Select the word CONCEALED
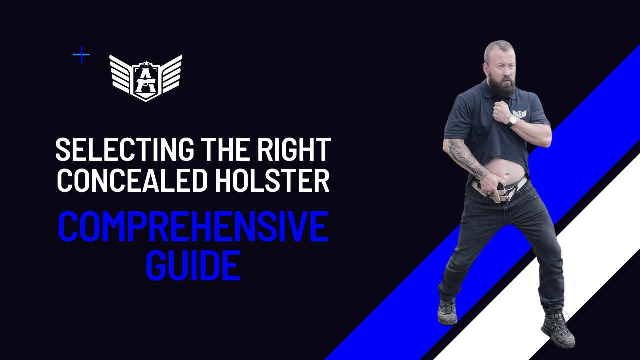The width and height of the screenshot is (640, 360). tap(132, 180)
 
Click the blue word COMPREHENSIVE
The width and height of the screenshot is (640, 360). tap(193, 226)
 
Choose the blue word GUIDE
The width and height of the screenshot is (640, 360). tap(193, 265)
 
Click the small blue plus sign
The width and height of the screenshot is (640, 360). tap(81, 54)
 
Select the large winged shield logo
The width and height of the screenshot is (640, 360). tap(146, 78)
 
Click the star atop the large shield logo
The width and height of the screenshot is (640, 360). tap(146, 63)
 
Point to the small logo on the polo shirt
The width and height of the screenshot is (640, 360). tap(520, 114)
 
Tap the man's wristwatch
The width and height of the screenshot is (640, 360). tap(513, 120)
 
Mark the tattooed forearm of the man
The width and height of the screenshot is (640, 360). tap(465, 157)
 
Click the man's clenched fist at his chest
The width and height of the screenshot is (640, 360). tap(503, 109)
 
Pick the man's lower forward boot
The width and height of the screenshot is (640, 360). tap(558, 329)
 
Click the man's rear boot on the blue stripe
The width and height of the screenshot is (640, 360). tap(447, 311)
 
